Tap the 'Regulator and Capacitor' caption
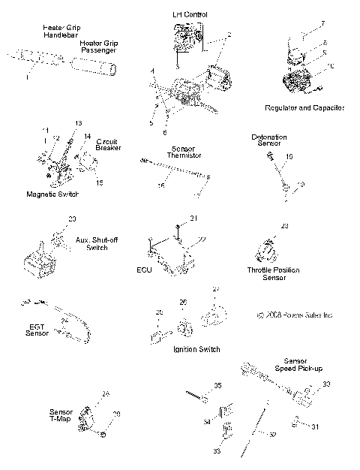304,108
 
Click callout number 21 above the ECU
192,218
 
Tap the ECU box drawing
171,259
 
